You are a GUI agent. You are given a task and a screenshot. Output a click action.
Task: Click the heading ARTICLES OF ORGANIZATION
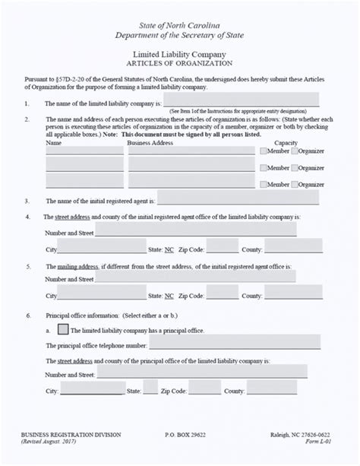(x=179, y=64)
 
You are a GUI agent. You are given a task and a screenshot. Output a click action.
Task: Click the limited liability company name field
(x=241, y=100)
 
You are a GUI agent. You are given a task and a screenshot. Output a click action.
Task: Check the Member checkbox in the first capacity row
(x=264, y=151)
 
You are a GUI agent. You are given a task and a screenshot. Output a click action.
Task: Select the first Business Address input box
(x=191, y=151)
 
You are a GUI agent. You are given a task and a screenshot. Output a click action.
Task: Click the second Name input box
(x=84, y=164)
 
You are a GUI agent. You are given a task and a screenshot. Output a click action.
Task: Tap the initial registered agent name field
(x=238, y=198)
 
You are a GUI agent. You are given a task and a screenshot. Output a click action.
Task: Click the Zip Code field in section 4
(x=222, y=246)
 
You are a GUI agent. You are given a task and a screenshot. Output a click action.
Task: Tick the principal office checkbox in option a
(x=64, y=330)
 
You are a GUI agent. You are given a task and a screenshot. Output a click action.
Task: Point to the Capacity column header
(x=286, y=142)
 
